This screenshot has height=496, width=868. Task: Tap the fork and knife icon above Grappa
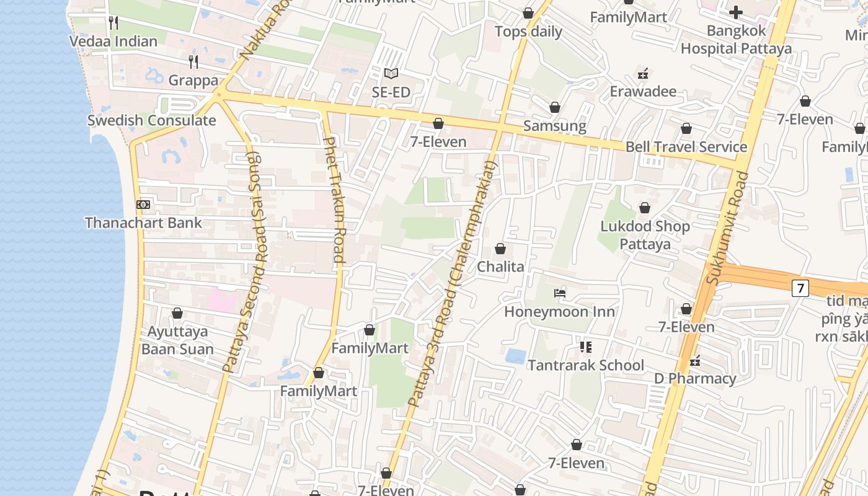click(x=193, y=61)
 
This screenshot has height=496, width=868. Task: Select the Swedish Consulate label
click(x=152, y=120)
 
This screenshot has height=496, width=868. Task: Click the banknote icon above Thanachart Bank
click(x=143, y=205)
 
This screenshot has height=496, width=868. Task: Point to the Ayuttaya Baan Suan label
click(x=177, y=340)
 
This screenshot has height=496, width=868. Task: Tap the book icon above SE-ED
click(x=391, y=74)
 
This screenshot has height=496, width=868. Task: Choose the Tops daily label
click(x=528, y=32)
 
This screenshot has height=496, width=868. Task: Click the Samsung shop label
click(x=555, y=126)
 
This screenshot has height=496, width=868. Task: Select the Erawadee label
click(x=643, y=92)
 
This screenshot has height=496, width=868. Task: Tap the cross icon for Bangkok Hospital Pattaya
click(x=736, y=12)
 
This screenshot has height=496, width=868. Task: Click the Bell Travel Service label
click(x=686, y=147)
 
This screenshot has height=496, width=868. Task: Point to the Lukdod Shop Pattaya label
click(x=645, y=235)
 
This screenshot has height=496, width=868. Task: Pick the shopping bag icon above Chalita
click(x=500, y=249)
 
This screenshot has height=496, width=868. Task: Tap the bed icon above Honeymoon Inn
click(x=560, y=293)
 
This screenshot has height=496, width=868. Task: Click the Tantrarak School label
click(x=586, y=365)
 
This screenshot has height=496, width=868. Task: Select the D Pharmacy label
click(x=695, y=378)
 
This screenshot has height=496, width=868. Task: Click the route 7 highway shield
click(x=800, y=288)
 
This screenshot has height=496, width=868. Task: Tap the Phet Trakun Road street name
click(x=334, y=200)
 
